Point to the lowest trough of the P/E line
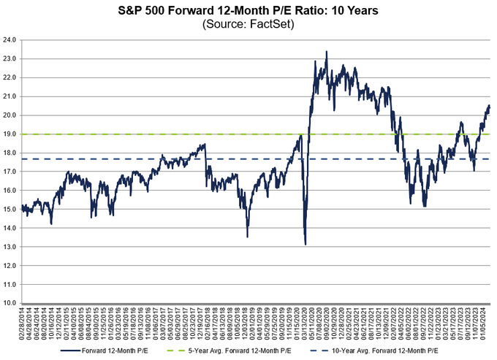(305, 244)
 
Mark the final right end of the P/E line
(489, 107)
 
